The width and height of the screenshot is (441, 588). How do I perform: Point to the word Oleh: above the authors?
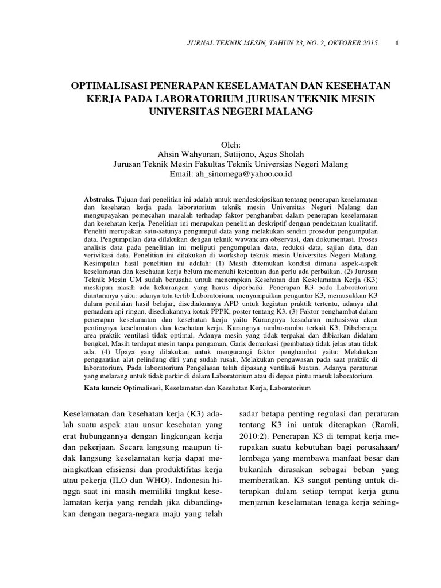(233, 144)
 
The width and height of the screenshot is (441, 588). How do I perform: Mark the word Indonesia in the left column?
(195, 481)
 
